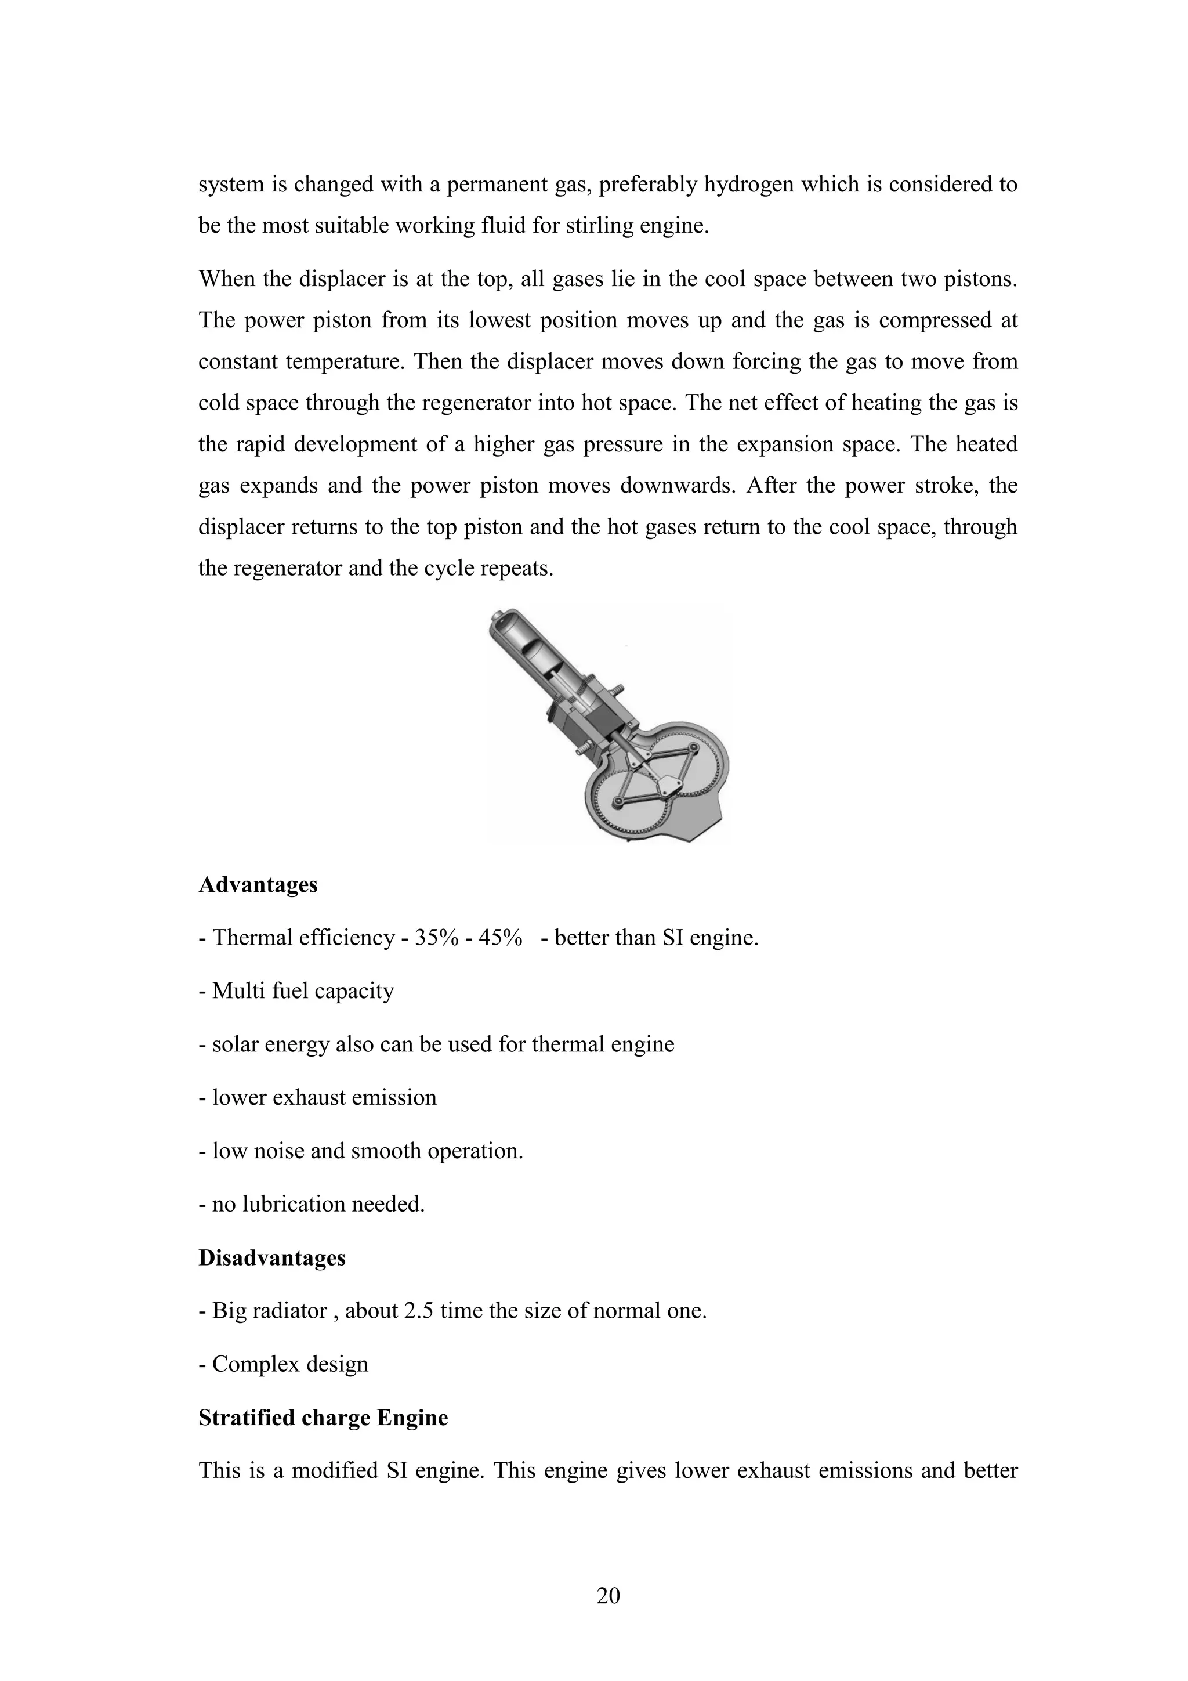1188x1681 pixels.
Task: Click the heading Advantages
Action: coord(258,884)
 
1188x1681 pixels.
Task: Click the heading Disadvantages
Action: coord(271,1258)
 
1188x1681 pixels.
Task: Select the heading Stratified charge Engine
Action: coord(323,1418)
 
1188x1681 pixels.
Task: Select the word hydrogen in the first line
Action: coord(748,185)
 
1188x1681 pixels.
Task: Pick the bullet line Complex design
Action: coord(290,1364)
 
